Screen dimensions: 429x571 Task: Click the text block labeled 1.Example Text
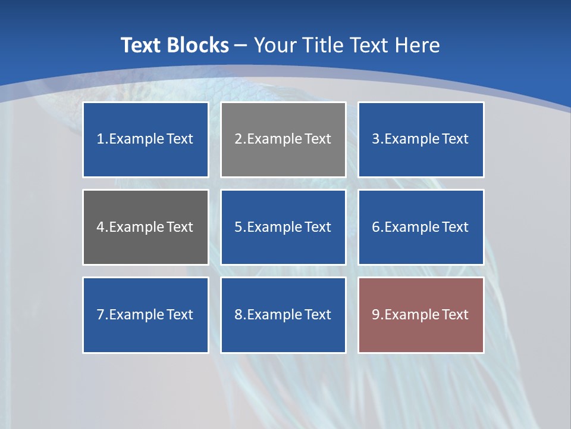point(145,139)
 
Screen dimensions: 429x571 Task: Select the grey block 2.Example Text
point(283,139)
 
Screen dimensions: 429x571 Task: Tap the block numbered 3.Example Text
point(421,139)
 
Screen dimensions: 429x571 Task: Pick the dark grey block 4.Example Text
point(145,227)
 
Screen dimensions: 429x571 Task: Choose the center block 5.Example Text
point(283,227)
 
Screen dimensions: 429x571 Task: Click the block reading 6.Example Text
point(421,227)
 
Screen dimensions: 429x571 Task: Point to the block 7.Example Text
point(145,315)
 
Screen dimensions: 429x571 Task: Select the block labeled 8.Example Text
point(283,315)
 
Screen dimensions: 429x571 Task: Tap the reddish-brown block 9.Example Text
point(421,315)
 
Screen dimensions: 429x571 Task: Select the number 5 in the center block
point(238,227)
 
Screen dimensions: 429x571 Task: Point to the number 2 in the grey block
point(238,139)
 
